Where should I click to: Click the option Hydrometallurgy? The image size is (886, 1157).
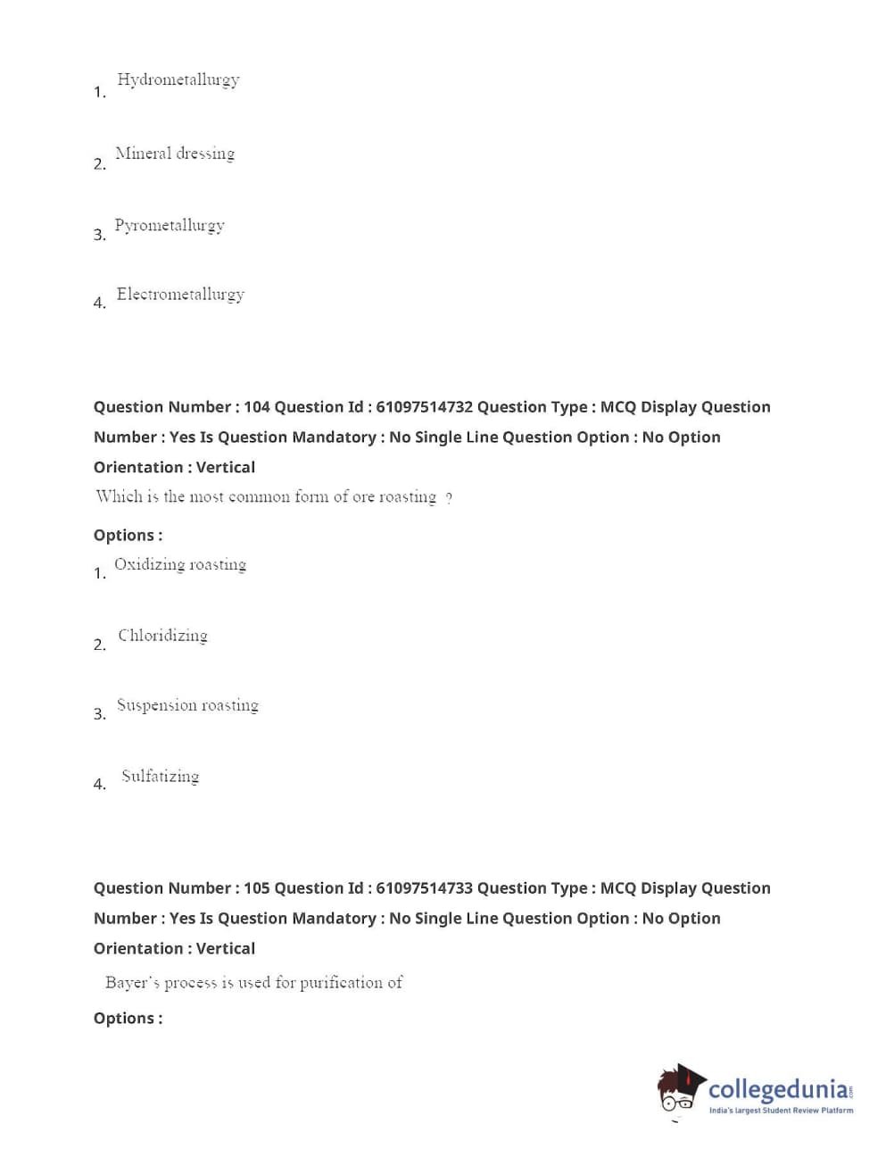(178, 80)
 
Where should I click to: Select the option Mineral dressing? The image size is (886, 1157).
(175, 154)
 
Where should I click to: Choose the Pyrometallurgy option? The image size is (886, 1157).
(170, 226)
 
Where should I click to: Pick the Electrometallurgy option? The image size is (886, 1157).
(180, 295)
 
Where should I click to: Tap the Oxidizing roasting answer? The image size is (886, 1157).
(180, 564)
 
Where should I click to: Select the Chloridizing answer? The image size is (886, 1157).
(162, 636)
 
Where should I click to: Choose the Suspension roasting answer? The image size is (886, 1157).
(187, 705)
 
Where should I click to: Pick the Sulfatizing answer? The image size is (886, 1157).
(161, 777)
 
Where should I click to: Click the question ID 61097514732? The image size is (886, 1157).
(424, 407)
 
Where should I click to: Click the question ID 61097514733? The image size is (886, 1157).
(424, 888)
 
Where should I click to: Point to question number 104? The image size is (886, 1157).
(256, 407)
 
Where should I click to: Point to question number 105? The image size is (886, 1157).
(256, 888)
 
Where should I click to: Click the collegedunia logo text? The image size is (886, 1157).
(778, 1090)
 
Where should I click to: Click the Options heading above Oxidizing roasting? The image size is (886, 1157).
(128, 536)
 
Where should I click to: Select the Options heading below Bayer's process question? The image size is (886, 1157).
(128, 1019)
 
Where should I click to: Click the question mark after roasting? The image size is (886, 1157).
(449, 498)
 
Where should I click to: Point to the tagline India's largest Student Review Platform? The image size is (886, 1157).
(781, 1111)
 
